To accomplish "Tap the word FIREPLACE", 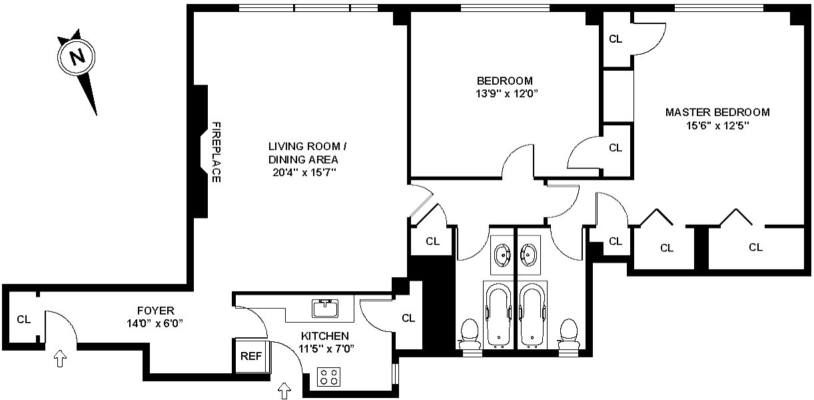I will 216,152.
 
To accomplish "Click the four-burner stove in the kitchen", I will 328,377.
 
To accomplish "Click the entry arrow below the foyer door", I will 60,360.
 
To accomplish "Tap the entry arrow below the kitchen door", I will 285,390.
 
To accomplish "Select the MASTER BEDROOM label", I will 717,112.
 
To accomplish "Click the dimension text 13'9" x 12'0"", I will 503,94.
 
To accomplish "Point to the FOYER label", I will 155,311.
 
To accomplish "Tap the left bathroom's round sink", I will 502,254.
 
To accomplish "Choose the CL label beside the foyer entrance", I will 24,319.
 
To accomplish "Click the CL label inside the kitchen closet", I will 408,319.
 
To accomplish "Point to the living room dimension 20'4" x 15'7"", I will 304,172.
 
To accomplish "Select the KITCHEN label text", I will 324,336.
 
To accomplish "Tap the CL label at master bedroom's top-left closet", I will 615,39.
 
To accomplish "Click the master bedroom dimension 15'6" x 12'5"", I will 717,125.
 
